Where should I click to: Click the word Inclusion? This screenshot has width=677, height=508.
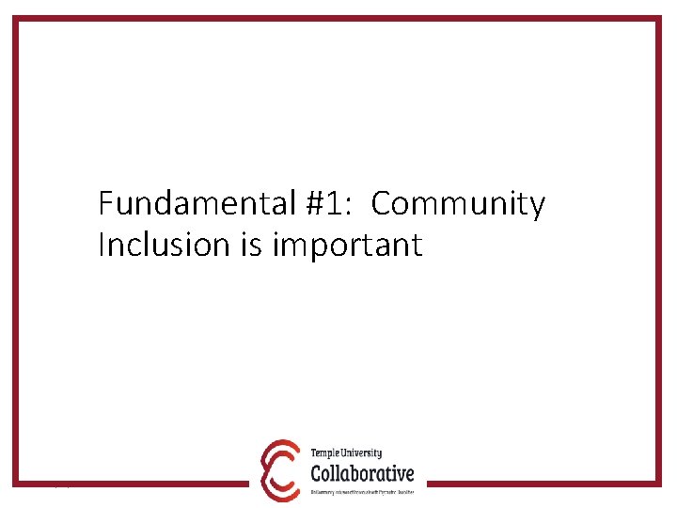coord(150,246)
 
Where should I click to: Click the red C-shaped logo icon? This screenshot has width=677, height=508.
coord(279,469)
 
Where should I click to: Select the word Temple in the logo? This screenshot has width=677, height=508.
coord(327,453)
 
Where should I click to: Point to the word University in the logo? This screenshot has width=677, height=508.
coord(364,453)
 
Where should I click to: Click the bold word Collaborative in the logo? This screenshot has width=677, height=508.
coord(362,472)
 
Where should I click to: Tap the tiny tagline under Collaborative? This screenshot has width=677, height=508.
coord(362,491)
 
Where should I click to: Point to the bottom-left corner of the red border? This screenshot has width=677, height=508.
coord(15,484)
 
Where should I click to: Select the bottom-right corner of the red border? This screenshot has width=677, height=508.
coord(660,484)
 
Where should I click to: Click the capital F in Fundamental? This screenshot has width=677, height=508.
coord(105,203)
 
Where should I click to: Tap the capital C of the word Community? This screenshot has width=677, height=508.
coord(383,203)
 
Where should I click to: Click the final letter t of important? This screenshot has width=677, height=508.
coord(417,246)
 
